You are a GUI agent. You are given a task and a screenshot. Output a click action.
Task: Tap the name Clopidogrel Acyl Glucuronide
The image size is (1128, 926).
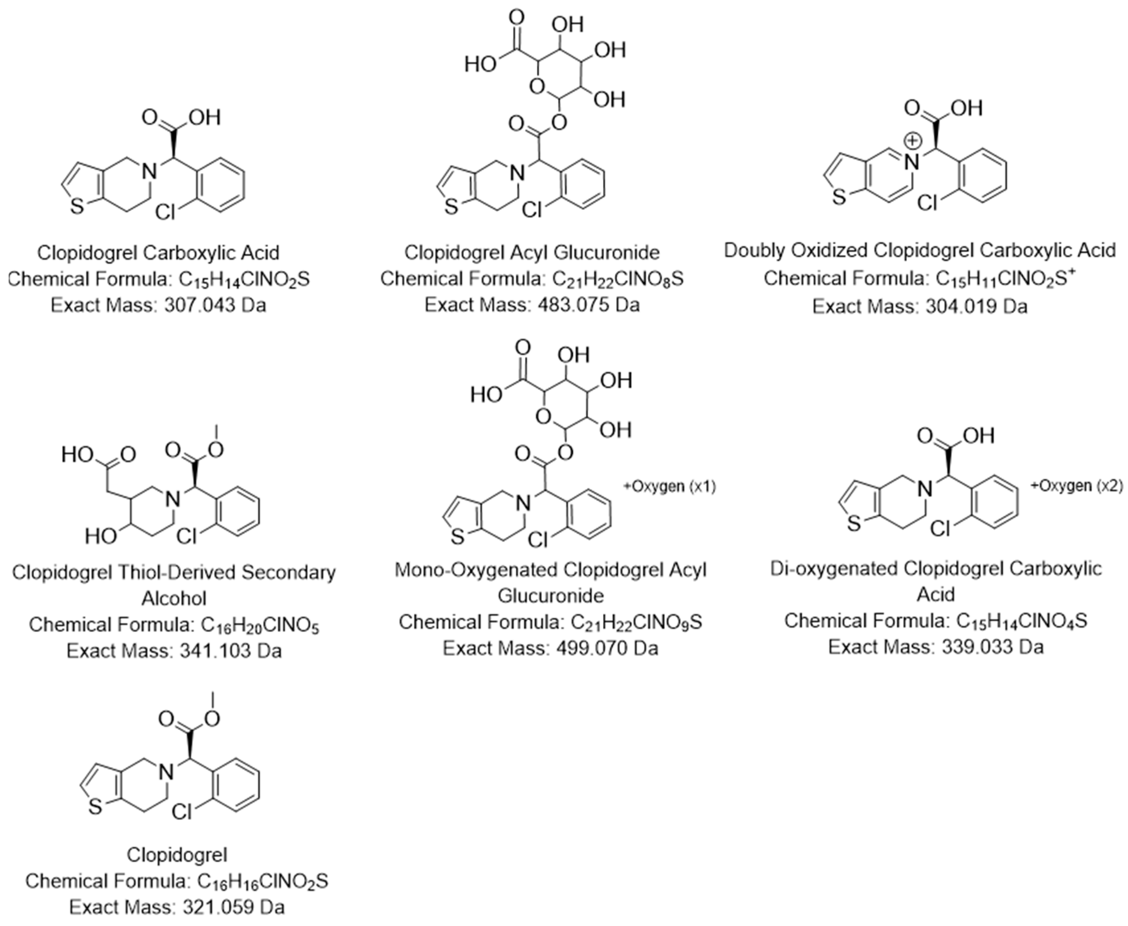[532, 252]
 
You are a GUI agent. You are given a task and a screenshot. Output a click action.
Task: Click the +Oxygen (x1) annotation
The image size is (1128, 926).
[669, 487]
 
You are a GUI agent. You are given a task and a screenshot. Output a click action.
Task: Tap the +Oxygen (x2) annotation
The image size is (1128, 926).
[1077, 486]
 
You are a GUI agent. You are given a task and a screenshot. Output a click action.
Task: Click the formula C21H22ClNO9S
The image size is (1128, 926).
[636, 622]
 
